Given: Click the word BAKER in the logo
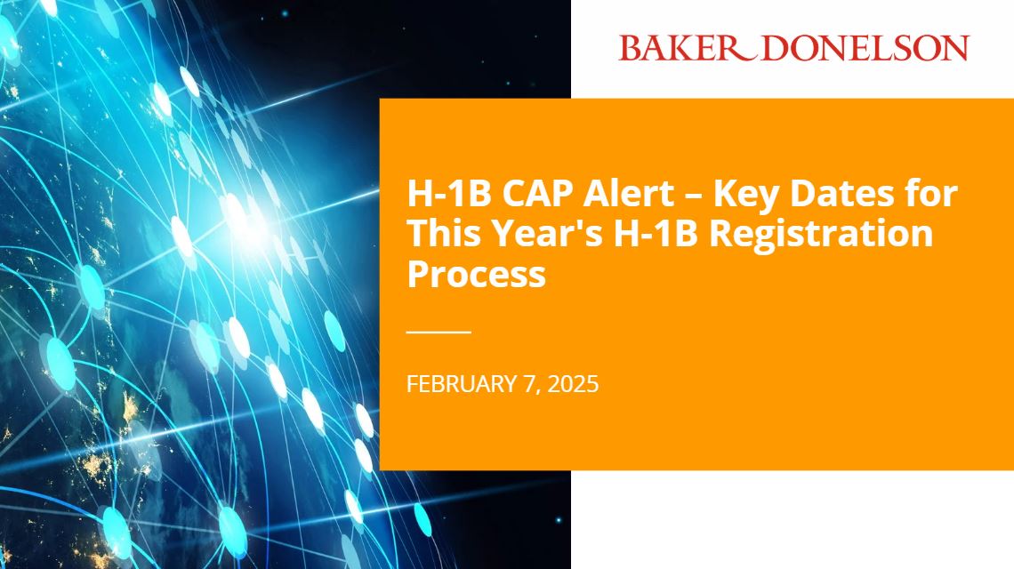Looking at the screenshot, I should (x=672, y=47).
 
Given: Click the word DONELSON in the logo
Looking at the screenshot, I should (x=865, y=47).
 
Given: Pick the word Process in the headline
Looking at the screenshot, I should (x=476, y=274).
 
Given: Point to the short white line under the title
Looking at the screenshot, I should (x=439, y=332).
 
